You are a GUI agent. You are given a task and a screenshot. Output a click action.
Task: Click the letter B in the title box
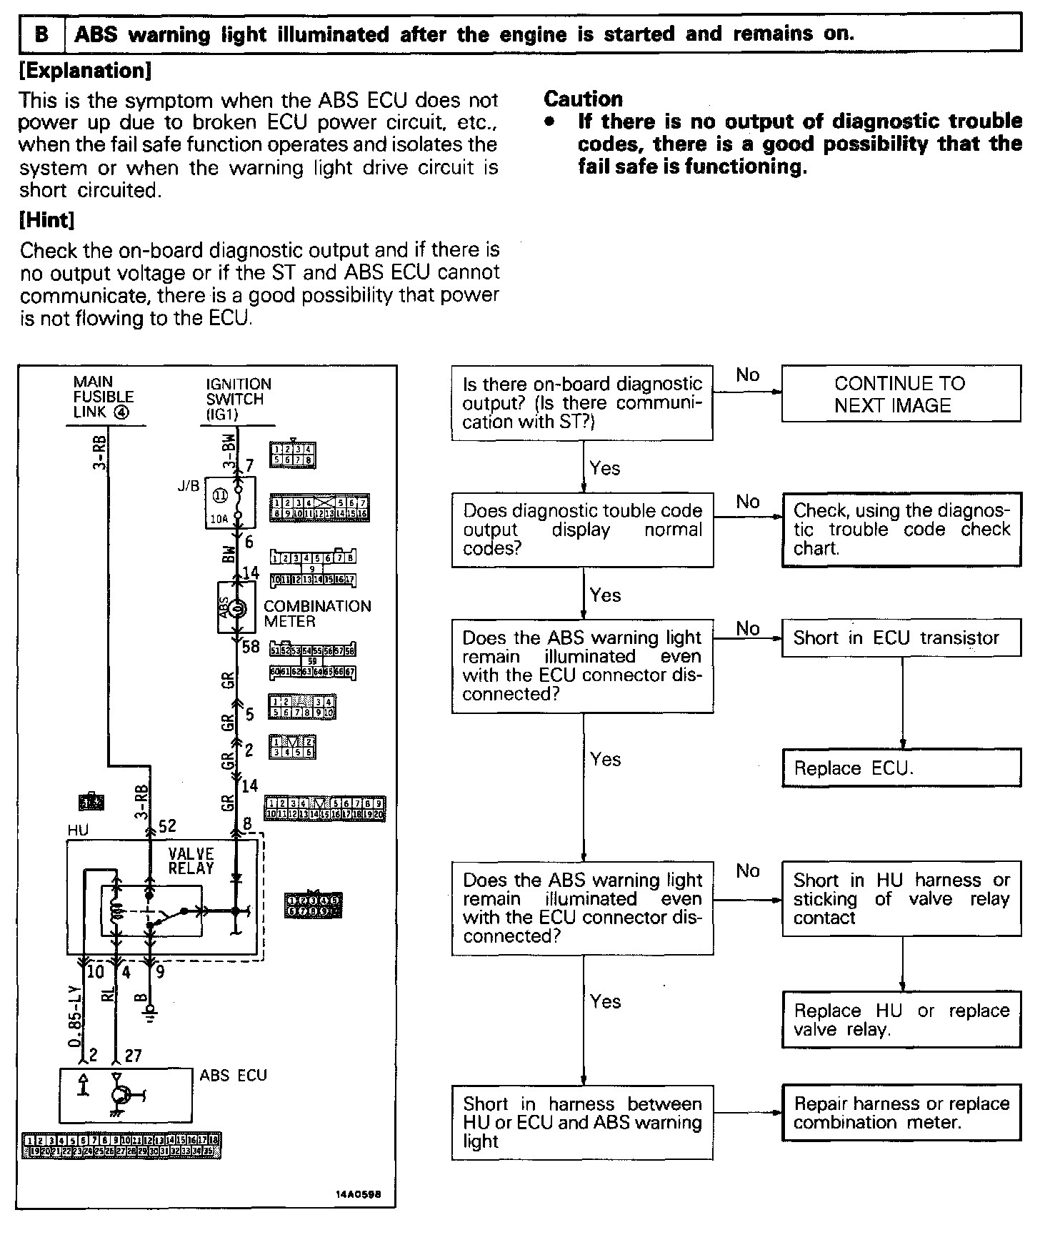point(42,34)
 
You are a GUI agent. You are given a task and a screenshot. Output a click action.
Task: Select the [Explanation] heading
point(86,71)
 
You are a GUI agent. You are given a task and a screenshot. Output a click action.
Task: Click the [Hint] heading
point(47,220)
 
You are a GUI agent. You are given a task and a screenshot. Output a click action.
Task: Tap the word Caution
point(583,99)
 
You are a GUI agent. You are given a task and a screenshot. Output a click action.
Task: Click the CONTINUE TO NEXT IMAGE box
point(901,394)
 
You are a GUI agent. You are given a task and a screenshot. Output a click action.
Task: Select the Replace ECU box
point(901,768)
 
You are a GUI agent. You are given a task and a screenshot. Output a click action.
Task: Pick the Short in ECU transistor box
point(901,638)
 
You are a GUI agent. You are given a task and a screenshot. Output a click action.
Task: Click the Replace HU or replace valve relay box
point(901,1020)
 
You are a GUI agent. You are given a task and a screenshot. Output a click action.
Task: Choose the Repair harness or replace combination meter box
point(901,1113)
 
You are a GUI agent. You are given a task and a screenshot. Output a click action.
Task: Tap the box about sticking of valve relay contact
point(901,898)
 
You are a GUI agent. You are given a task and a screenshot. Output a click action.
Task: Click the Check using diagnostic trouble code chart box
point(901,530)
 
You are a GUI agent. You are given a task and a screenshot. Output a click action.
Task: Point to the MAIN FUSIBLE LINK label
point(104,397)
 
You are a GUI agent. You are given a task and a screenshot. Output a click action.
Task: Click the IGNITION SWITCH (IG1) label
point(238,399)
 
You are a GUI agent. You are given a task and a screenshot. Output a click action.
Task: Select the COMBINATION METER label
point(317,614)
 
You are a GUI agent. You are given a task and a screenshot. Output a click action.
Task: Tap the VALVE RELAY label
point(191,860)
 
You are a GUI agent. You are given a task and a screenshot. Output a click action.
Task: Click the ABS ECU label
point(233,1076)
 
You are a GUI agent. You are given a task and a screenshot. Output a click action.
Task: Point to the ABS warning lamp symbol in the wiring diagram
point(238,608)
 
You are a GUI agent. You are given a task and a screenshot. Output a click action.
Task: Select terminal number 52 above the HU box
point(167,826)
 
